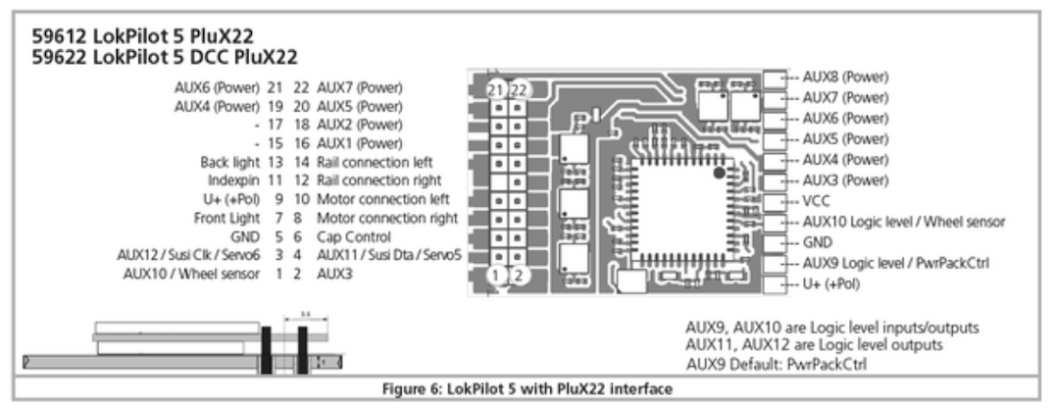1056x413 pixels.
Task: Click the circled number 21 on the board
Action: click(499, 89)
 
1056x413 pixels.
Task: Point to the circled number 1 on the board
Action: click(499, 276)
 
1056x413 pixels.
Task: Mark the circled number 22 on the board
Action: click(520, 89)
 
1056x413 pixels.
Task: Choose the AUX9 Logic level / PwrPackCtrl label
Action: click(898, 264)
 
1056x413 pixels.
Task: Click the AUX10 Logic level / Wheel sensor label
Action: click(903, 222)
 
